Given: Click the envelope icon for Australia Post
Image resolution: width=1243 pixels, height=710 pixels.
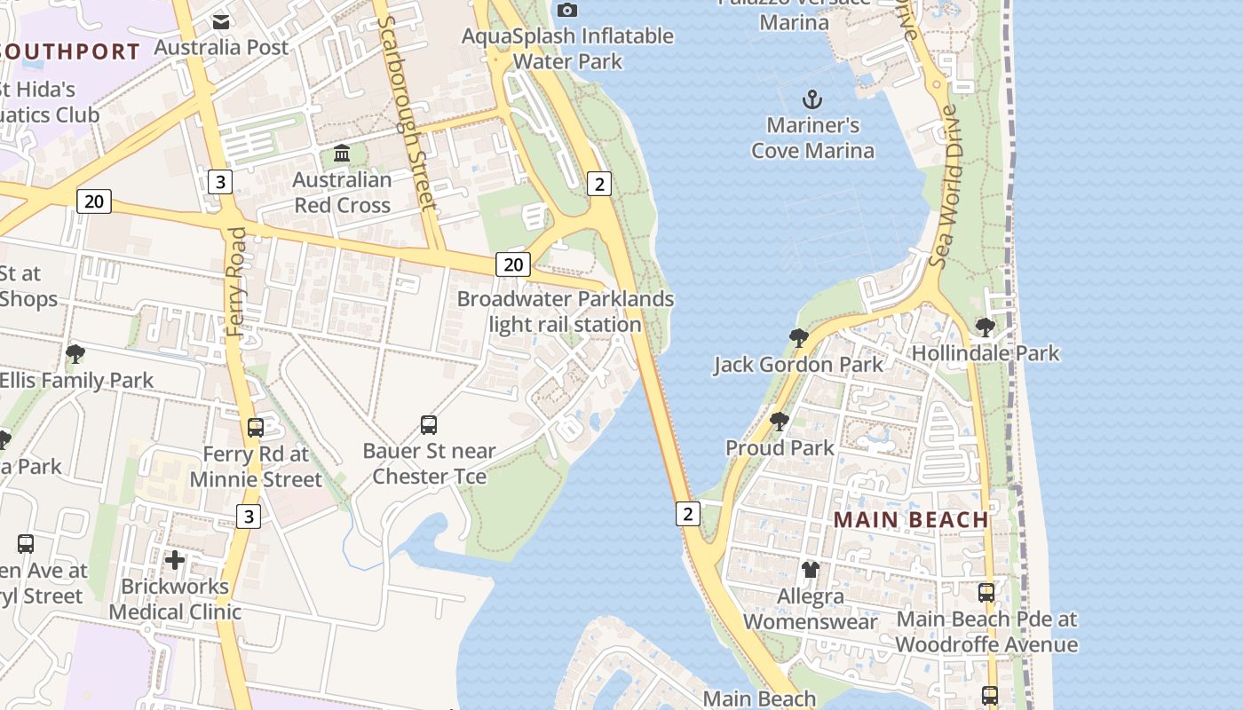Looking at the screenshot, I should (x=221, y=20).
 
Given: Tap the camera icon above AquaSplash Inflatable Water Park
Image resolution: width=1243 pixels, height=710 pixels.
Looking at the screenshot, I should (x=567, y=10).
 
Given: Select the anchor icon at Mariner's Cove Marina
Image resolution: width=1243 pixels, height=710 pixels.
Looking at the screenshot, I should (x=812, y=99).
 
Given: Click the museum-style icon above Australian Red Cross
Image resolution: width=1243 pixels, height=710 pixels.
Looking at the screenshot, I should (x=342, y=154).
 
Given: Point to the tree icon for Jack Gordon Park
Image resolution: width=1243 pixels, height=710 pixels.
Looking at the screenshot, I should (x=798, y=338).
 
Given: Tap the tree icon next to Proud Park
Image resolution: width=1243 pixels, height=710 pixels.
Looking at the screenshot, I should (x=780, y=422).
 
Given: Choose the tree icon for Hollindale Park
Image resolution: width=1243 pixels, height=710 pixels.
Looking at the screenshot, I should (x=985, y=327).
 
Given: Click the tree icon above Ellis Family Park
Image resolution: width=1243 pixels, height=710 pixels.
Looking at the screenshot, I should (x=75, y=354).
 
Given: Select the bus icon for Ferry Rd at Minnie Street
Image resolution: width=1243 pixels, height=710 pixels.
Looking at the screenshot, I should (x=256, y=428).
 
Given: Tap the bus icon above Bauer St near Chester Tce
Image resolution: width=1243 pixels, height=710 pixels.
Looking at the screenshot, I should (x=429, y=425).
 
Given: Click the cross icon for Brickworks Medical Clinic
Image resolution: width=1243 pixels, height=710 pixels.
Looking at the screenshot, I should (x=175, y=560).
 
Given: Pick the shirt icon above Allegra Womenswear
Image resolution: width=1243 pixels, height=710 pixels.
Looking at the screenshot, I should (x=810, y=569).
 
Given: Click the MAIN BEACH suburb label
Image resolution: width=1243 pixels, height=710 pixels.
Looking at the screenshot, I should (x=911, y=520).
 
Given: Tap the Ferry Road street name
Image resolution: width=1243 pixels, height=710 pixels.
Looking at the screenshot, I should (x=237, y=281).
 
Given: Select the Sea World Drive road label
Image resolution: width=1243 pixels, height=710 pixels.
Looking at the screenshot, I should (x=945, y=186).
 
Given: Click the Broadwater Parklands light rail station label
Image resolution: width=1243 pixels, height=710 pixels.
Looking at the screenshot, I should (x=566, y=312).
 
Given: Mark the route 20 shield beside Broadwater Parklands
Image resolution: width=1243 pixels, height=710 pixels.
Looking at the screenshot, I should (x=513, y=264).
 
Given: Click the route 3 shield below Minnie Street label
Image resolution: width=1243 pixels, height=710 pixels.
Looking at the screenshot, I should (x=249, y=516).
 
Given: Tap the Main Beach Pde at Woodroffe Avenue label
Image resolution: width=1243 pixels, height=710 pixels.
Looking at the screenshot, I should (x=986, y=631).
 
